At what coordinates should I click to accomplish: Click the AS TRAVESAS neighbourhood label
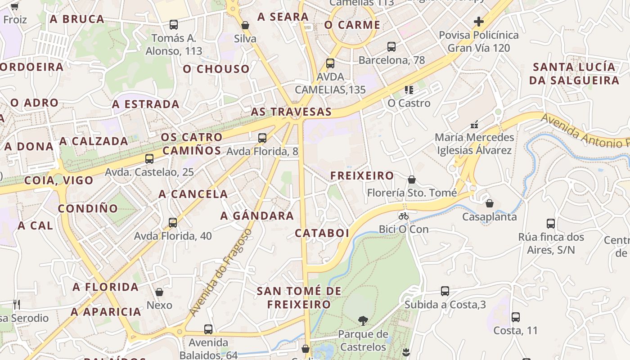tap(291, 112)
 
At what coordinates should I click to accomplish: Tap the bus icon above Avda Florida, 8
tap(262, 138)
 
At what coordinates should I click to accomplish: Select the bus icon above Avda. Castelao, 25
tap(149, 159)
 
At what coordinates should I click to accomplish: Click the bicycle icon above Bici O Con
tap(404, 216)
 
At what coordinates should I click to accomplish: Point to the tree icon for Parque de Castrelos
tap(363, 321)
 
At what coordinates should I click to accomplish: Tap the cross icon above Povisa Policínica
tap(479, 21)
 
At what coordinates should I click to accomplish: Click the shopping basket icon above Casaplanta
tap(490, 204)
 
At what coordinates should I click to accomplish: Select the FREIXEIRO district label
tap(362, 175)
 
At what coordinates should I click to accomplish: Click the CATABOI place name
tap(322, 233)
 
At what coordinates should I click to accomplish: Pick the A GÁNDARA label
tap(257, 216)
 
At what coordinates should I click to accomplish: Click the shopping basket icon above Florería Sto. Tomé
tap(412, 180)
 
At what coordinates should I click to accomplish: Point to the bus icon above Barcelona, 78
tap(391, 46)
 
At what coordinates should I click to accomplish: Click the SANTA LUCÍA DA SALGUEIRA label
tap(574, 74)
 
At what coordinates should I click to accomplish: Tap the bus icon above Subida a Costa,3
tap(445, 291)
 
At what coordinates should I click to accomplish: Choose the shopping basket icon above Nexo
tap(159, 292)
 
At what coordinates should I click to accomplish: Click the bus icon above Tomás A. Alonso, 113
tap(174, 25)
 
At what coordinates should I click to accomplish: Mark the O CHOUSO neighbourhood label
tap(216, 69)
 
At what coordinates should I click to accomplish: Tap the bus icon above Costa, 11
tap(516, 317)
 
